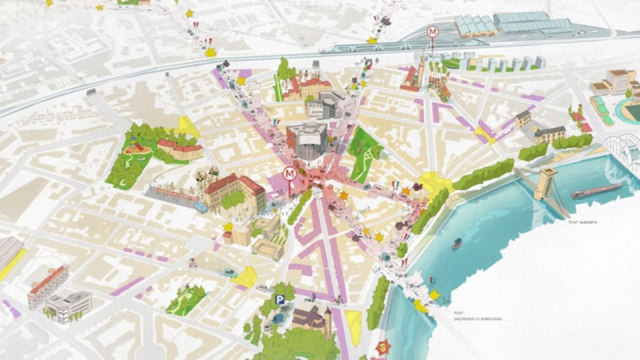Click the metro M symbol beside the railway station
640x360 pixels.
[433, 31]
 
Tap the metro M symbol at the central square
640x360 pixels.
[290, 174]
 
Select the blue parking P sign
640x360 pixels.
[280, 300]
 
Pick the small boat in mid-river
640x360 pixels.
[457, 244]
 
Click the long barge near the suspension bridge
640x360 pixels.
[596, 191]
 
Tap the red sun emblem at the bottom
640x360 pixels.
[383, 347]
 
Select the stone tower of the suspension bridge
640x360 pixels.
[545, 183]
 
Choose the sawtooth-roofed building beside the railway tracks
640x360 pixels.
[475, 26]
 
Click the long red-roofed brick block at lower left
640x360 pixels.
[48, 285]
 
